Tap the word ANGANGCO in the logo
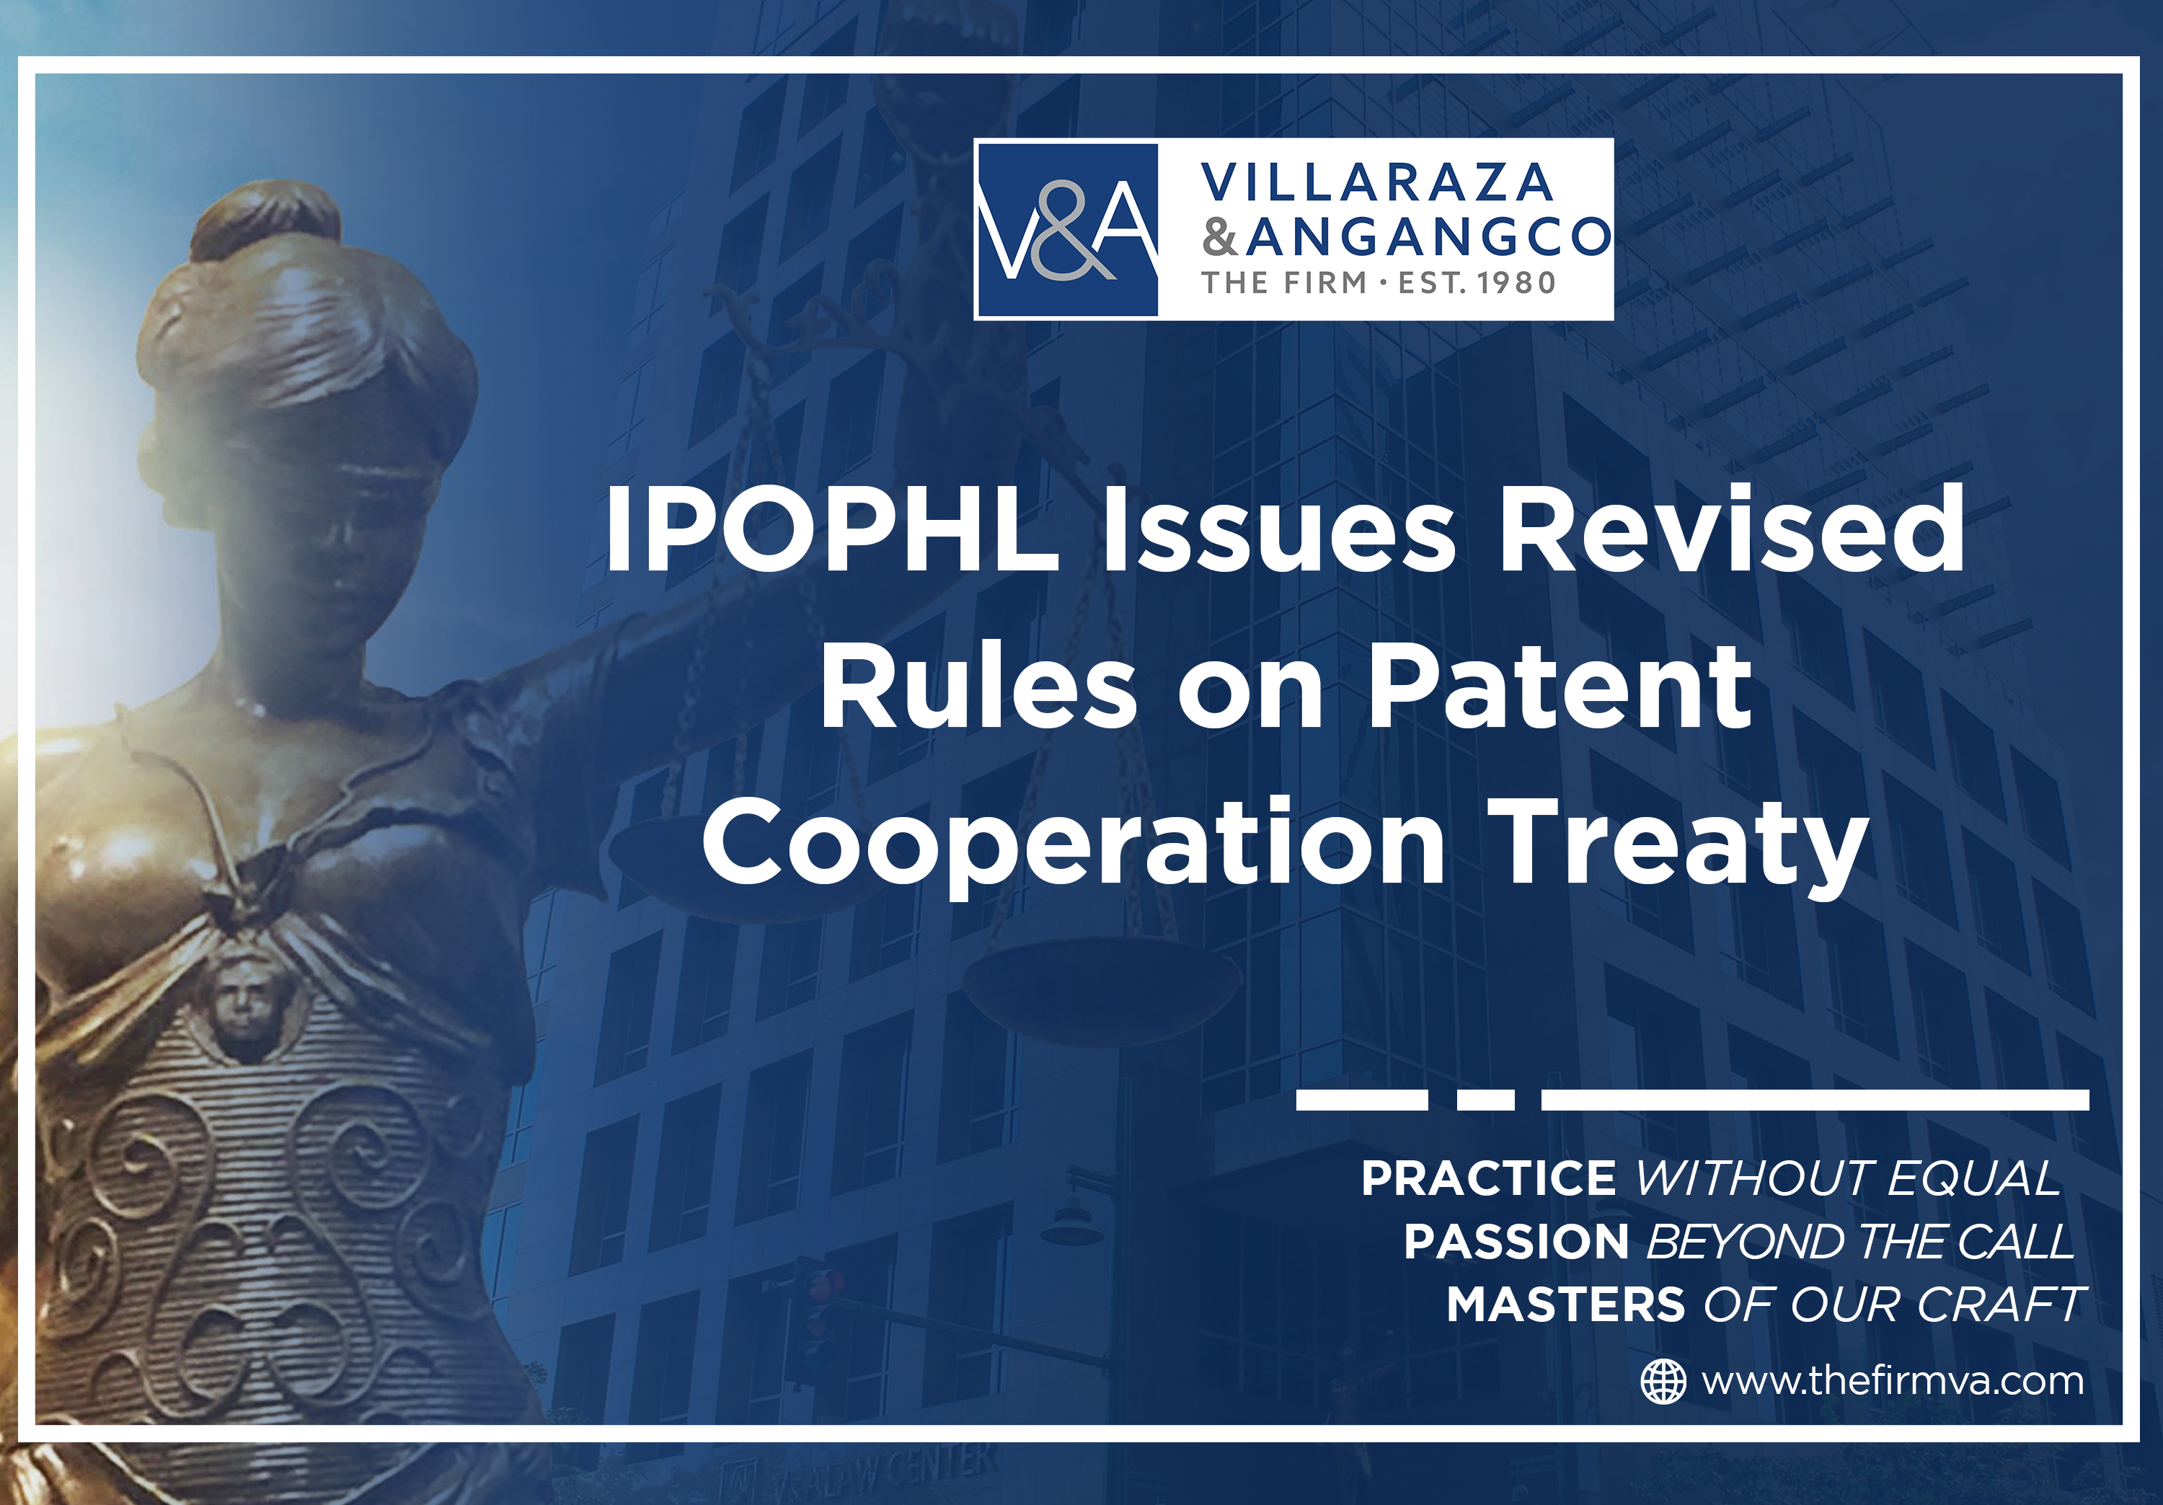pyautogui.click(x=1428, y=237)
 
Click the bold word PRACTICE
pyautogui.click(x=1488, y=1178)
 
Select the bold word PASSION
pyautogui.click(x=1516, y=1241)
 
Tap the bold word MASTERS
pyautogui.click(x=1565, y=1305)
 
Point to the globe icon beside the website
pyautogui.click(x=1663, y=1382)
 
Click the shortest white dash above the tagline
pyautogui.click(x=1486, y=1100)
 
